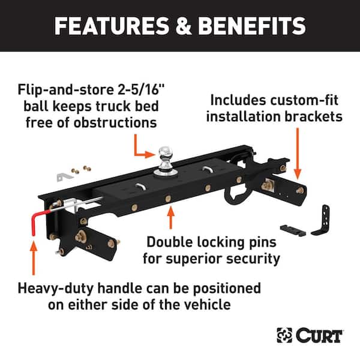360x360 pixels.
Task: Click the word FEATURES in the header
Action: click(104, 26)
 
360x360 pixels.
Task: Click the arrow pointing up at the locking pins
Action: click(172, 217)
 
